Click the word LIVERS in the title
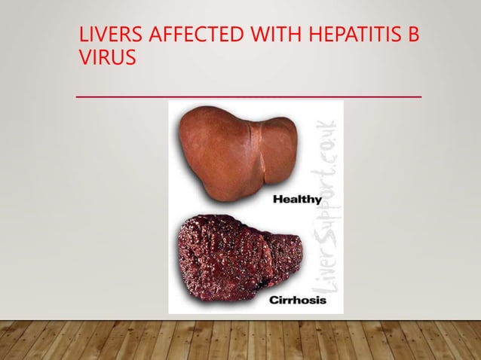(x=106, y=36)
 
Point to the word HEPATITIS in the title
(x=345, y=36)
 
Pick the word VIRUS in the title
(x=107, y=57)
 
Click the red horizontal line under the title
(x=249, y=97)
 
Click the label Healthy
(x=296, y=200)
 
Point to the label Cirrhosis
(x=297, y=300)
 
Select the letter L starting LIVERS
(x=83, y=36)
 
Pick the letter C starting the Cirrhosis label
(x=273, y=300)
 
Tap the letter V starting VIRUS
(x=84, y=57)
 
